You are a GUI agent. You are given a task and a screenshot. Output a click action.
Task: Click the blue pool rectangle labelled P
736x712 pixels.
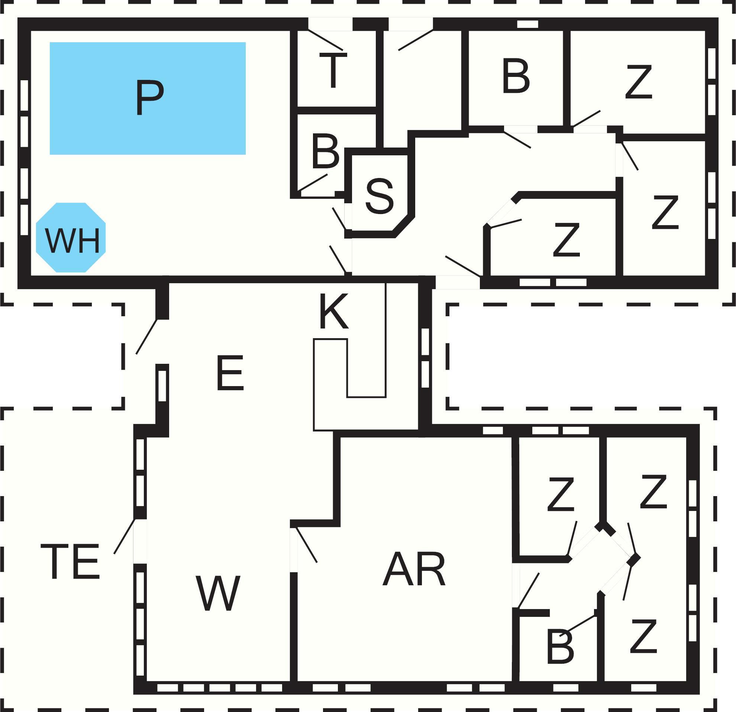tap(148, 98)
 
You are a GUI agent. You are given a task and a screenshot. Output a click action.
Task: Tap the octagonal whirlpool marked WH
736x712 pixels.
tap(71, 237)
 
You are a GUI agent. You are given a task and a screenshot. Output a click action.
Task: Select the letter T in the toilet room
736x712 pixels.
tap(333, 70)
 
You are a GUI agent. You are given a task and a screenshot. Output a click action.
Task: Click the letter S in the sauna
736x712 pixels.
tap(379, 196)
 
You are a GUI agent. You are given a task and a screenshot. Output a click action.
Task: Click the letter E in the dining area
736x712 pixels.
tap(230, 373)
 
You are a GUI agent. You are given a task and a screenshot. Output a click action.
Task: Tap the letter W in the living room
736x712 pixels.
tap(218, 593)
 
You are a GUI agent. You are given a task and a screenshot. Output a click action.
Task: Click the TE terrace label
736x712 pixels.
tap(70, 562)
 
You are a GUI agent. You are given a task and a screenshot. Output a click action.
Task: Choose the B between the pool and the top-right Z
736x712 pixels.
tap(516, 76)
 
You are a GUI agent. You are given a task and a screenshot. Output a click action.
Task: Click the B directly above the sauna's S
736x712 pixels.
tap(325, 152)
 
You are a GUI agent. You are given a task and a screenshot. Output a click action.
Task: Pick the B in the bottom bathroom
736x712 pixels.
tap(560, 647)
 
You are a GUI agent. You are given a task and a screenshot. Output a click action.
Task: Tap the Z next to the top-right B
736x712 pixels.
tap(638, 82)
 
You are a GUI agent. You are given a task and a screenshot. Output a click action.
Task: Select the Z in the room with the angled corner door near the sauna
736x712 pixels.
tap(566, 240)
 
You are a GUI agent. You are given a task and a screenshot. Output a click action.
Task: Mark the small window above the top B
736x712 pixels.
tap(527, 24)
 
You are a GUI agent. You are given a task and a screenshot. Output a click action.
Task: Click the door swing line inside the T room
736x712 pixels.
tap(325, 40)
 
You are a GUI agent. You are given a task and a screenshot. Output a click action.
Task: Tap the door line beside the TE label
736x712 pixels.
tap(124, 536)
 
